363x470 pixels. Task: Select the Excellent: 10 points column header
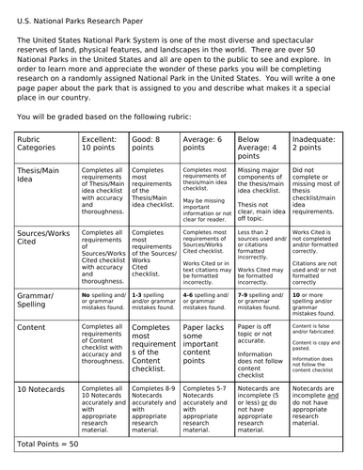pyautogui.click(x=104, y=144)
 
